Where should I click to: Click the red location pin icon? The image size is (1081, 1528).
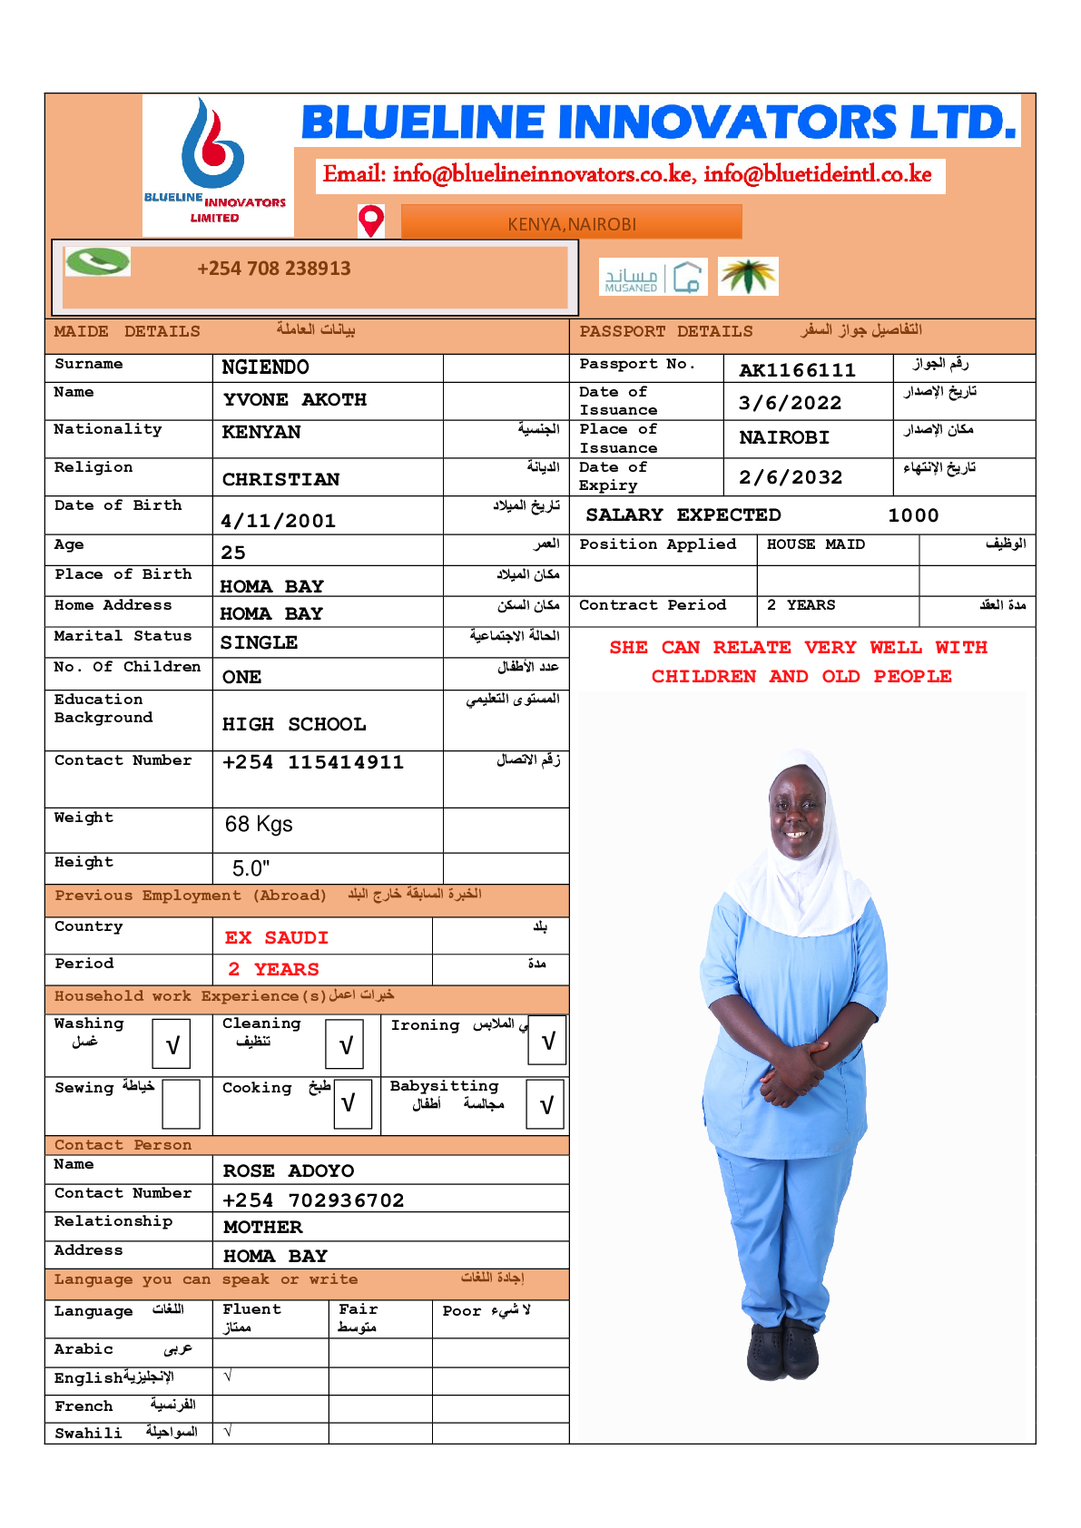[x=371, y=220]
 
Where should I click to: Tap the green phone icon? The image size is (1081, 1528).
[x=97, y=262]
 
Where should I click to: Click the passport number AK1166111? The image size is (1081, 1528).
[x=797, y=370]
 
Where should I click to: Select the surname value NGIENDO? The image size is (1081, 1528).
[x=265, y=367]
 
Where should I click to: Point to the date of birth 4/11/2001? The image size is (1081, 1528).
[x=278, y=521]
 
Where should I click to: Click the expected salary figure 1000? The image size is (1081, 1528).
[x=913, y=515]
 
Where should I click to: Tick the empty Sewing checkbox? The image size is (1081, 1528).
[x=181, y=1104]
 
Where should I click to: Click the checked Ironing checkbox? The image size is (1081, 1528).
[x=547, y=1041]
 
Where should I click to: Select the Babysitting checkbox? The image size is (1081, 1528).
[x=546, y=1104]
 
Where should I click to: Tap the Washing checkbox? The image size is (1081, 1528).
[x=172, y=1044]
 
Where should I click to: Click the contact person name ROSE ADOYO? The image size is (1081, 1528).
[x=289, y=1170]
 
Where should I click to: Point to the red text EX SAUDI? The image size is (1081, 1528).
[x=277, y=937]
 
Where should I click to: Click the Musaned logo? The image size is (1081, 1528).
[x=653, y=277]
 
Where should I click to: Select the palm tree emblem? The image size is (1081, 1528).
[x=748, y=276]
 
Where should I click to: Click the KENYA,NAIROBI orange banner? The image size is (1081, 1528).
[x=572, y=223]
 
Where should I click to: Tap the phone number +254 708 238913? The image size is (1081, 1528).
[x=274, y=269]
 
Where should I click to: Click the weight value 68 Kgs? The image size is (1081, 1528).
[x=259, y=824]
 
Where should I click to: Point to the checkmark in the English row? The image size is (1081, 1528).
[x=228, y=1376]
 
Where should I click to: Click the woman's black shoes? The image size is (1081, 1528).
[x=783, y=1348]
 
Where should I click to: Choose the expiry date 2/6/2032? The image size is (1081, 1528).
[x=791, y=477]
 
